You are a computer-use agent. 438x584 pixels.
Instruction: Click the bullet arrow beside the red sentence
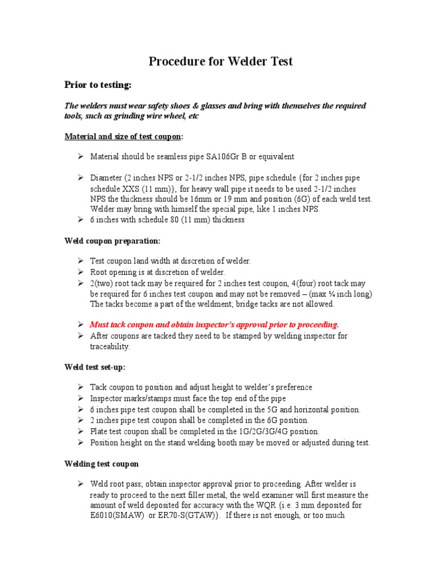pyautogui.click(x=81, y=325)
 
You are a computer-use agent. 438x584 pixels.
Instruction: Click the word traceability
pyautogui.click(x=109, y=346)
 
